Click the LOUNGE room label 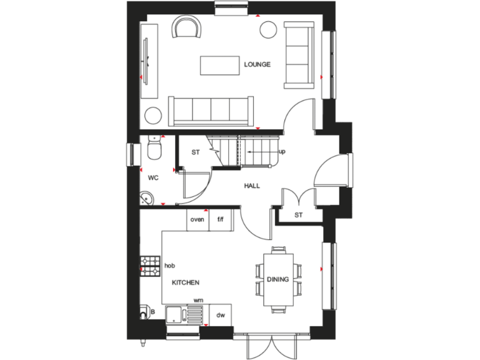pos(257,64)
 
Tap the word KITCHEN pos(186,282)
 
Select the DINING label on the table pos(277,279)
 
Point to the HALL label pos(252,186)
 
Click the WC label pos(153,178)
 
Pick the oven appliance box pos(197,219)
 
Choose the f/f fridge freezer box pos(221,219)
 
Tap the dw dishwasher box pos(221,316)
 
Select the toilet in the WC pos(154,150)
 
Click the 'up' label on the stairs pos(282,151)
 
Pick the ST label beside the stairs pos(195,152)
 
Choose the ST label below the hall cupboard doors pos(298,216)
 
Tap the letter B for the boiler pos(151,311)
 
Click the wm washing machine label pos(198,301)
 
